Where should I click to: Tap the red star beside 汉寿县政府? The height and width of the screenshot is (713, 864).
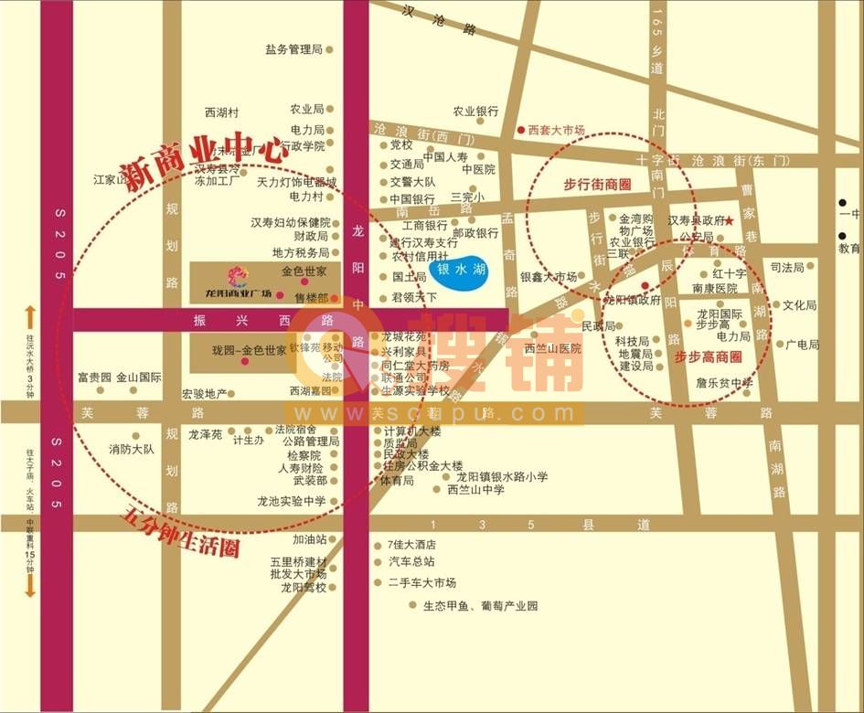(x=730, y=220)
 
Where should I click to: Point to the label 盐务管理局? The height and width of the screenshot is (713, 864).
(x=294, y=49)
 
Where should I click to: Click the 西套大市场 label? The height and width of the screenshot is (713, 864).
(x=556, y=130)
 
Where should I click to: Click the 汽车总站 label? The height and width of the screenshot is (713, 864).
(x=411, y=562)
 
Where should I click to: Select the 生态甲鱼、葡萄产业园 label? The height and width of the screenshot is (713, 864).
(x=480, y=605)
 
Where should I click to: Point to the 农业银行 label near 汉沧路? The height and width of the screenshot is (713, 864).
(x=475, y=111)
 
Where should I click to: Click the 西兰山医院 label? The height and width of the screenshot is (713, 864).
(x=553, y=347)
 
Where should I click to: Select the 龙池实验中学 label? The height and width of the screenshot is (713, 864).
(x=291, y=501)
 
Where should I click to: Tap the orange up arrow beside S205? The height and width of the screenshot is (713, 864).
(x=29, y=317)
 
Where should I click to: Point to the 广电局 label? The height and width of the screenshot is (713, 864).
(x=802, y=345)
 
